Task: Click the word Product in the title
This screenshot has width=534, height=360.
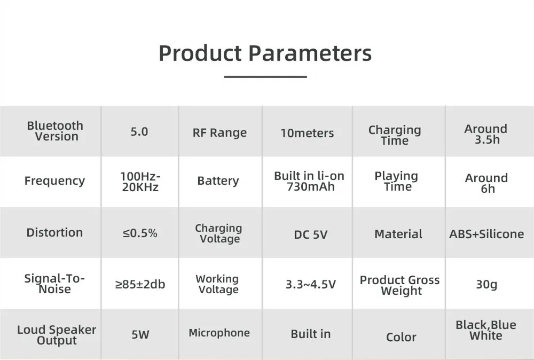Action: point(200,53)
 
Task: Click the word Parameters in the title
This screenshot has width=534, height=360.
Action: point(310,53)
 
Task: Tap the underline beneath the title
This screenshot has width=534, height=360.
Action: point(265,76)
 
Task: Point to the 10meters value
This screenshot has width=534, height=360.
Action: point(307,133)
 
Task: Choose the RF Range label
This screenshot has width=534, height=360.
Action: point(219,132)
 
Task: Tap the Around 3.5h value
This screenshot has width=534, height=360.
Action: point(486,134)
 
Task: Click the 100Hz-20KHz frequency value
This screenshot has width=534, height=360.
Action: point(140,182)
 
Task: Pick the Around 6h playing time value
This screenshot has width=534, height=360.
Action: point(486,183)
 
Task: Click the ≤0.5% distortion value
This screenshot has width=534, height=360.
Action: point(140,233)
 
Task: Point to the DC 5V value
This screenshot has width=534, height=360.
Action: point(311,234)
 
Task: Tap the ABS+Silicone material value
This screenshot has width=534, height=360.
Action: point(486,234)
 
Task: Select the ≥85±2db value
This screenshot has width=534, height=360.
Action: point(140,284)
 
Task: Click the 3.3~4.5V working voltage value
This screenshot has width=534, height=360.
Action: point(311,284)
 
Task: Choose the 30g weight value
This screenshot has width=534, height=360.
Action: point(486,284)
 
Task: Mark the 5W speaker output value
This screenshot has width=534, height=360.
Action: point(140,334)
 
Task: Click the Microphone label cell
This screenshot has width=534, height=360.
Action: point(219,333)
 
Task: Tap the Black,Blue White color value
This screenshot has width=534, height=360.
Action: point(486,330)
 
